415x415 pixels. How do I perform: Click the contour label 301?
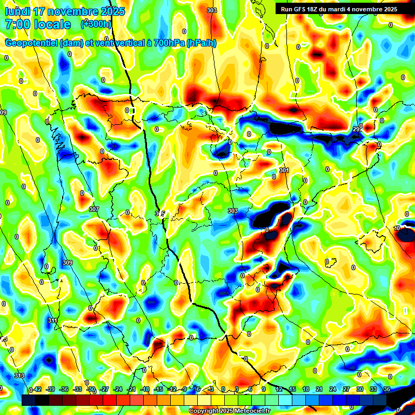(284, 170)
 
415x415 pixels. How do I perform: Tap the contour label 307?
(93, 209)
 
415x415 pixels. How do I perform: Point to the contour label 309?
(67, 263)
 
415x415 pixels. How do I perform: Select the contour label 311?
(52, 321)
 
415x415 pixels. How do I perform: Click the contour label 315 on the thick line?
(159, 214)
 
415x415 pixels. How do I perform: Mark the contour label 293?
(358, 129)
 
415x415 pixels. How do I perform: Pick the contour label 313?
(19, 376)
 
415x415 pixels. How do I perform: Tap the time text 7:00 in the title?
(18, 24)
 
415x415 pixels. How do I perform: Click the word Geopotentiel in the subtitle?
(31, 43)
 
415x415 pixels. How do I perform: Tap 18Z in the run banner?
(319, 9)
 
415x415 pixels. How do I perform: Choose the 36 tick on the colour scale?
(386, 389)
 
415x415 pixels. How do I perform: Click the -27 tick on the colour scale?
(104, 389)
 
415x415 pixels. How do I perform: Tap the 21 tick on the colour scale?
(319, 389)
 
